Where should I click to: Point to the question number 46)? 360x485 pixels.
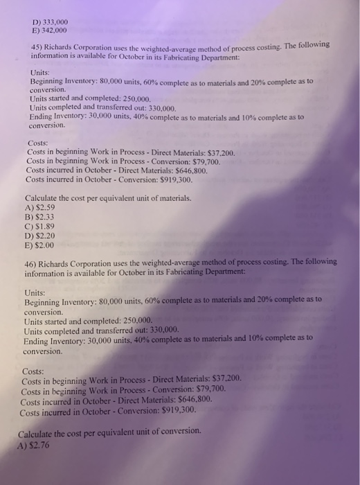point(34,262)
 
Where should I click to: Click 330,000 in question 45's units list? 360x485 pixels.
point(163,109)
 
